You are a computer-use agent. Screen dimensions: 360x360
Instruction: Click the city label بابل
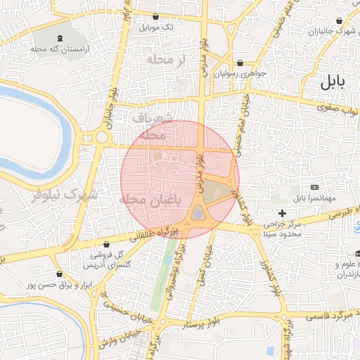(x=333, y=81)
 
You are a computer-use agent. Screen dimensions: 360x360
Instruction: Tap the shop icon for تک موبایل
(x=155, y=17)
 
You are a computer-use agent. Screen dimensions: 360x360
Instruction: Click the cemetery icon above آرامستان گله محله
(x=58, y=37)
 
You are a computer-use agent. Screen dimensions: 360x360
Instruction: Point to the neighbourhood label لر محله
(x=166, y=60)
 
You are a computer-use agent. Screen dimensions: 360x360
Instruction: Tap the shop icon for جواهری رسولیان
(x=240, y=62)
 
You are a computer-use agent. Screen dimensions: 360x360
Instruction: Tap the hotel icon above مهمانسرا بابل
(x=314, y=187)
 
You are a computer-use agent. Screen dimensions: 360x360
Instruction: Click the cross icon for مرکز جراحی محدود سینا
(x=282, y=212)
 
